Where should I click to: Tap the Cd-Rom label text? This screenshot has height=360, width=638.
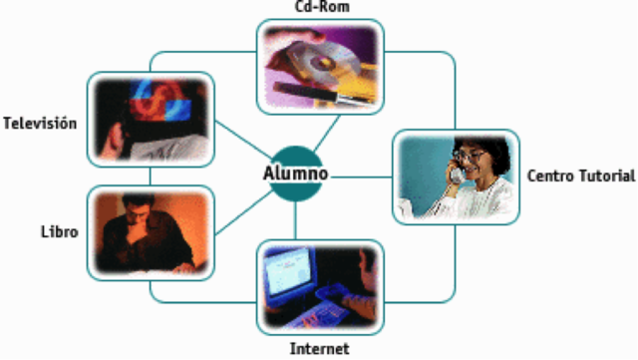pyautogui.click(x=321, y=8)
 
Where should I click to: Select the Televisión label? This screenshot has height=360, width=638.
pyautogui.click(x=40, y=124)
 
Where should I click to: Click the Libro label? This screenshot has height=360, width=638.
pyautogui.click(x=59, y=231)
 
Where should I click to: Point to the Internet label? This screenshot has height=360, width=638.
pyautogui.click(x=319, y=349)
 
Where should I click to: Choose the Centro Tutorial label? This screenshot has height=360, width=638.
pyautogui.click(x=580, y=177)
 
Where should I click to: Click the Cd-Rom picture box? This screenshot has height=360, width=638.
pyautogui.click(x=319, y=66)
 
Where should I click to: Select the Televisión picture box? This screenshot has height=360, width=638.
pyautogui.click(x=151, y=119)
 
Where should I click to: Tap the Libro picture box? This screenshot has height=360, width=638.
pyautogui.click(x=151, y=231)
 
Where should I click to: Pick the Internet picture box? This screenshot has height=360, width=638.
pyautogui.click(x=319, y=287)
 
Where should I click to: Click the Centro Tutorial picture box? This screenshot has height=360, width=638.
pyautogui.click(x=455, y=176)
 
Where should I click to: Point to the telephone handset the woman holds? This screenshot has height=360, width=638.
pyautogui.click(x=456, y=169)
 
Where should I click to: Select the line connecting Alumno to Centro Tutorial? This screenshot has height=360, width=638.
pyautogui.click(x=359, y=177)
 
